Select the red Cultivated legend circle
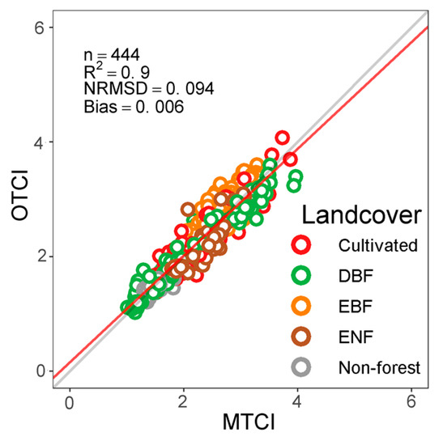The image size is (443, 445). pos(302,244)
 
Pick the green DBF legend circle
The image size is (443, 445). pos(302,275)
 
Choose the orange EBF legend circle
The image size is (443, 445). pos(302,306)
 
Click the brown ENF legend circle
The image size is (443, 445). pos(302,337)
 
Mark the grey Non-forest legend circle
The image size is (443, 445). pos(302,367)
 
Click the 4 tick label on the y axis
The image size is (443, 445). pos(48,142)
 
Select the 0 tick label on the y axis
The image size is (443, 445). pos(48,371)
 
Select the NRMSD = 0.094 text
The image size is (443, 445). pos(148,88)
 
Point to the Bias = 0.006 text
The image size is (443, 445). pos(134,105)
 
